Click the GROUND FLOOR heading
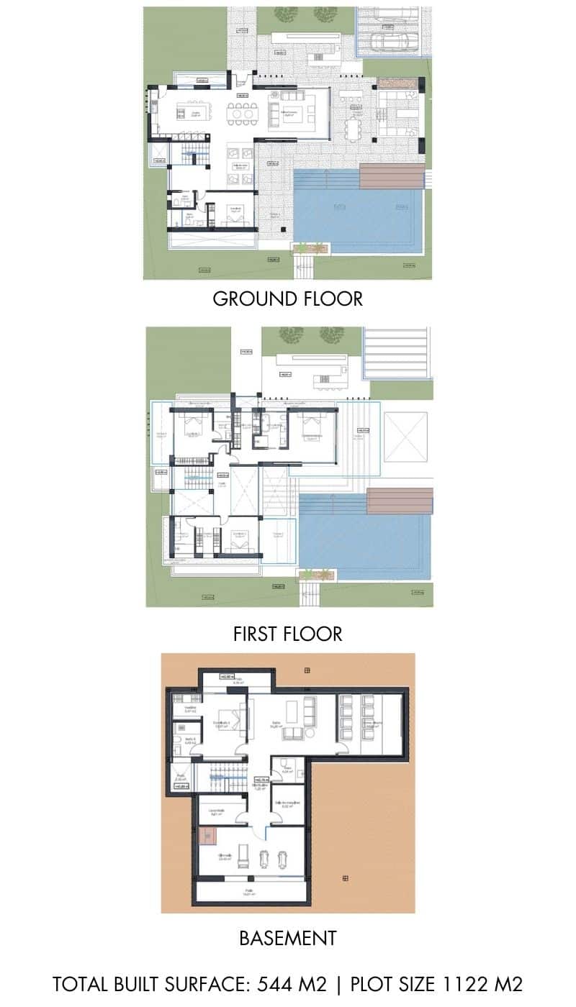click(287, 299)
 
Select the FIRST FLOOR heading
click(287, 634)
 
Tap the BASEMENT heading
click(287, 938)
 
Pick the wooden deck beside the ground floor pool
click(392, 176)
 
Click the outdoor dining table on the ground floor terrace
click(353, 129)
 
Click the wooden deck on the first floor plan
click(400, 501)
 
